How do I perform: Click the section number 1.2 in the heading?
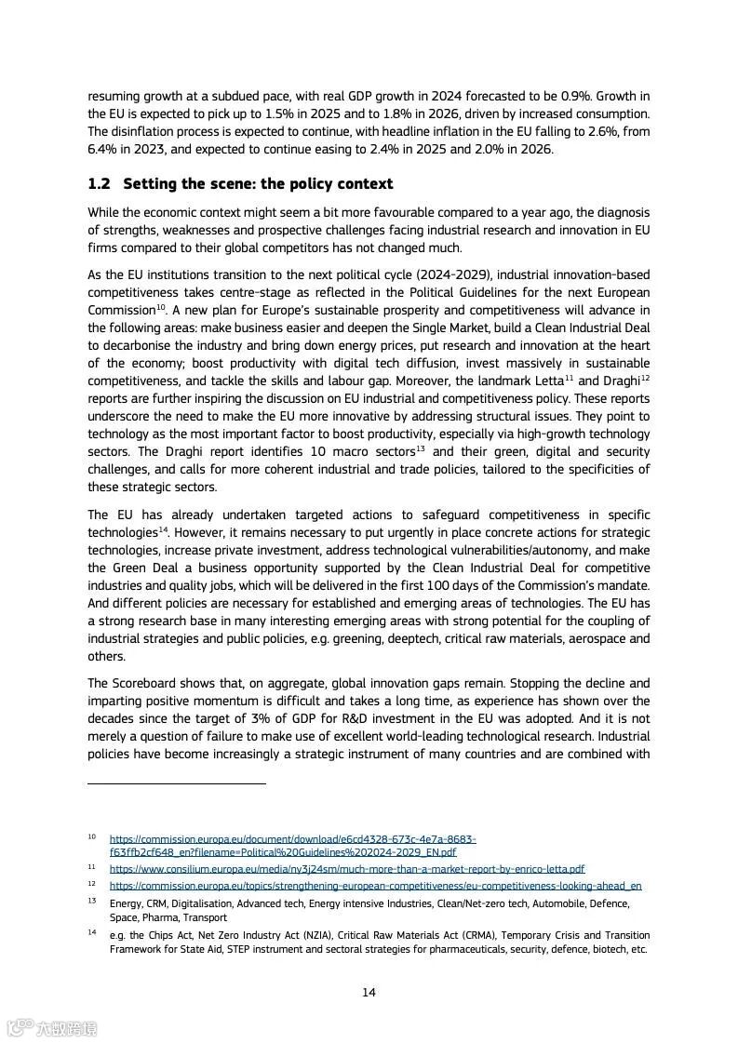click(x=100, y=184)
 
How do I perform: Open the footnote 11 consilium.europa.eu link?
click(x=346, y=869)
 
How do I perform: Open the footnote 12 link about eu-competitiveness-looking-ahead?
click(x=375, y=887)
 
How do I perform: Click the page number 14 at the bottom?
click(x=369, y=993)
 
